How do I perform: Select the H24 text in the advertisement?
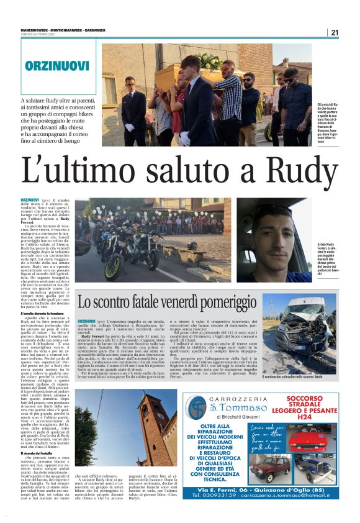pos(304,416)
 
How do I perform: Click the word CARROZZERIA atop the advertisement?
pos(240,398)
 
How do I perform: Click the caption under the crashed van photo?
pos(292,376)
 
